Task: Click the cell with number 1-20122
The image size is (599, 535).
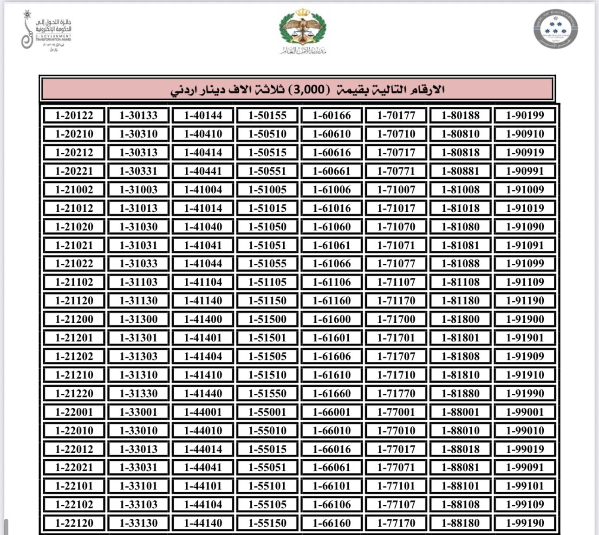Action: point(74,115)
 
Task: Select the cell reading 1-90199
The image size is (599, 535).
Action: point(525,115)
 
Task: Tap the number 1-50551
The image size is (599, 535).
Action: point(267,171)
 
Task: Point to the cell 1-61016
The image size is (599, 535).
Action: point(332,208)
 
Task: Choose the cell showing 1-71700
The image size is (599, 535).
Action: point(396,319)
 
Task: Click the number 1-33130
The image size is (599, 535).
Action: point(138,523)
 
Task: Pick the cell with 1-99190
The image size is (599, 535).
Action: point(525,523)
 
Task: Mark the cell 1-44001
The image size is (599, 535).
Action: point(203,412)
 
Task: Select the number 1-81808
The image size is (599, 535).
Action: point(460,356)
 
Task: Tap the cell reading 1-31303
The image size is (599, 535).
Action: point(138,356)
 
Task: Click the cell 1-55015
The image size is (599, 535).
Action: point(267,449)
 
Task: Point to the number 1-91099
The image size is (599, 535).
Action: point(525,263)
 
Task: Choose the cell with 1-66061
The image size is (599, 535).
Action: point(332,467)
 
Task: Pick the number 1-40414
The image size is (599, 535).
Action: point(203,152)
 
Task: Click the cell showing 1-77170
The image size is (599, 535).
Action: point(396,523)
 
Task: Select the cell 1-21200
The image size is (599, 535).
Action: point(74,319)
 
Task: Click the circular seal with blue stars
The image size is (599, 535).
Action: point(555,28)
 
